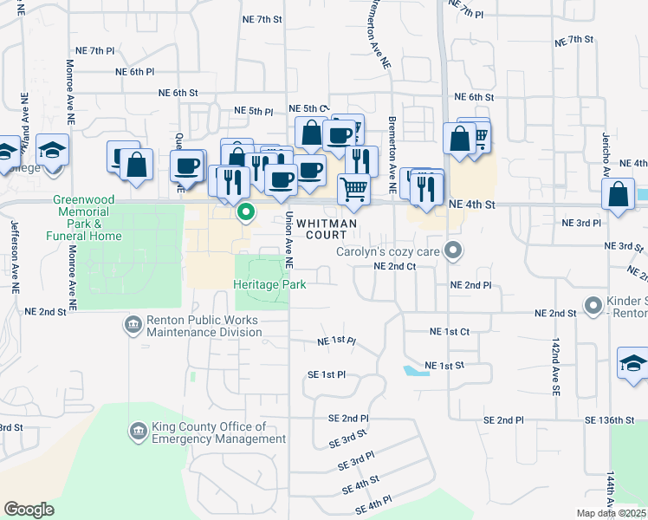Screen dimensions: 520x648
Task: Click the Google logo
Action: pyautogui.click(x=29, y=510)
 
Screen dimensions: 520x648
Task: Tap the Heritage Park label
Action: pyautogui.click(x=269, y=283)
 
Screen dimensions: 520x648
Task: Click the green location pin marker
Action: pyautogui.click(x=246, y=211)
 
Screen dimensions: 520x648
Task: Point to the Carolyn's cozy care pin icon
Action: pyautogui.click(x=452, y=252)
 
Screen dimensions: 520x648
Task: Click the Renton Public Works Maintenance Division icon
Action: pyautogui.click(x=133, y=325)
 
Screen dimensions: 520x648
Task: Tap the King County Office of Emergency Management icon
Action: pyautogui.click(x=139, y=431)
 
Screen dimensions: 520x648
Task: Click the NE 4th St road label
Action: pyautogui.click(x=472, y=205)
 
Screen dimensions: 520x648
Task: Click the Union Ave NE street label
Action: pyautogui.click(x=289, y=240)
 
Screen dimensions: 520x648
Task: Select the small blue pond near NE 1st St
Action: pyautogui.click(x=415, y=371)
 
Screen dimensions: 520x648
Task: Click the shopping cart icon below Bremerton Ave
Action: pyautogui.click(x=353, y=188)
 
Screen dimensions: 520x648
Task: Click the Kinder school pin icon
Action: pyautogui.click(x=593, y=306)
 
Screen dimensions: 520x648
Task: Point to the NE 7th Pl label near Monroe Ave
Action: pyautogui.click(x=94, y=51)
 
